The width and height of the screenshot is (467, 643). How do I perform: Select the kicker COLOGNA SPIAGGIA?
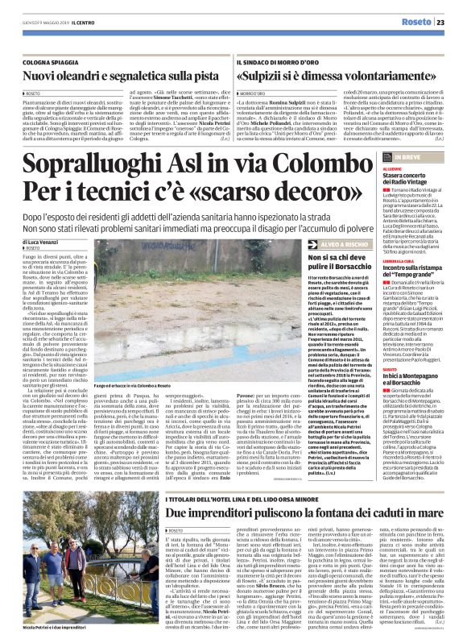[x=57, y=61]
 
